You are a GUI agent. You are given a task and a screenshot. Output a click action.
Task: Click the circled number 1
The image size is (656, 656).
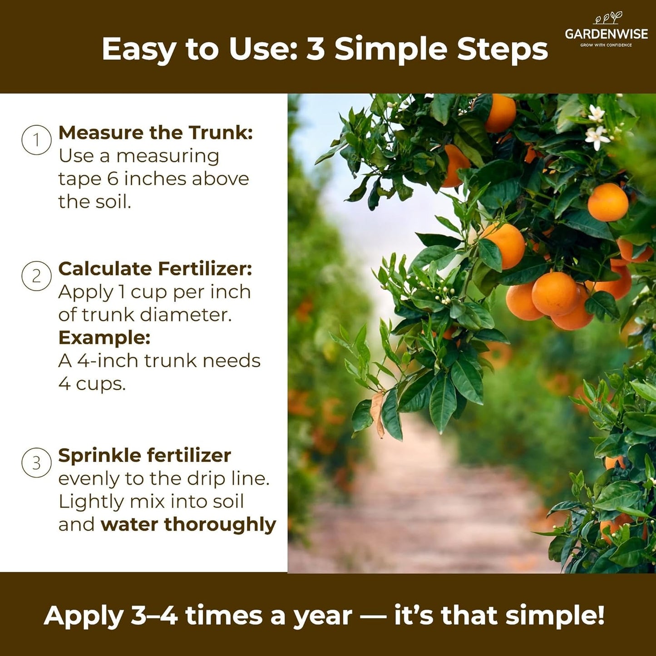[36, 140]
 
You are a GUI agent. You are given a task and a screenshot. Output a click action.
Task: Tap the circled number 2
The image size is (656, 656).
[36, 276]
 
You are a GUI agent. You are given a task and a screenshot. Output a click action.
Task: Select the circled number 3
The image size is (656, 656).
[36, 463]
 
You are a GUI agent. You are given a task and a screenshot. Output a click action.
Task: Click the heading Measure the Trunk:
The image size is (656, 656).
[155, 133]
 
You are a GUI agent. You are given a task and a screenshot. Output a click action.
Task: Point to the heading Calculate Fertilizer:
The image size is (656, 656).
[155, 269]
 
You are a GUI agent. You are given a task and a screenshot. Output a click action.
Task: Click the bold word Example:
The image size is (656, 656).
[104, 337]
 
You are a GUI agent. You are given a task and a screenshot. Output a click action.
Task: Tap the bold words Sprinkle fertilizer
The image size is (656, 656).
[144, 455]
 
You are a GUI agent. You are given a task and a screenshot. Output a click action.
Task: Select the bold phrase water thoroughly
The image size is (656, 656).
[188, 524]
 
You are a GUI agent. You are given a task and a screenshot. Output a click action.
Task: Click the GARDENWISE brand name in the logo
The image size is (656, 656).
[606, 34]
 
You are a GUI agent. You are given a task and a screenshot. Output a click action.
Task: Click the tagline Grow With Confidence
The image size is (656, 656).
[606, 45]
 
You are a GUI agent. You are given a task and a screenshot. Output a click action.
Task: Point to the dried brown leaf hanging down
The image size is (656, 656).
[377, 414]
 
